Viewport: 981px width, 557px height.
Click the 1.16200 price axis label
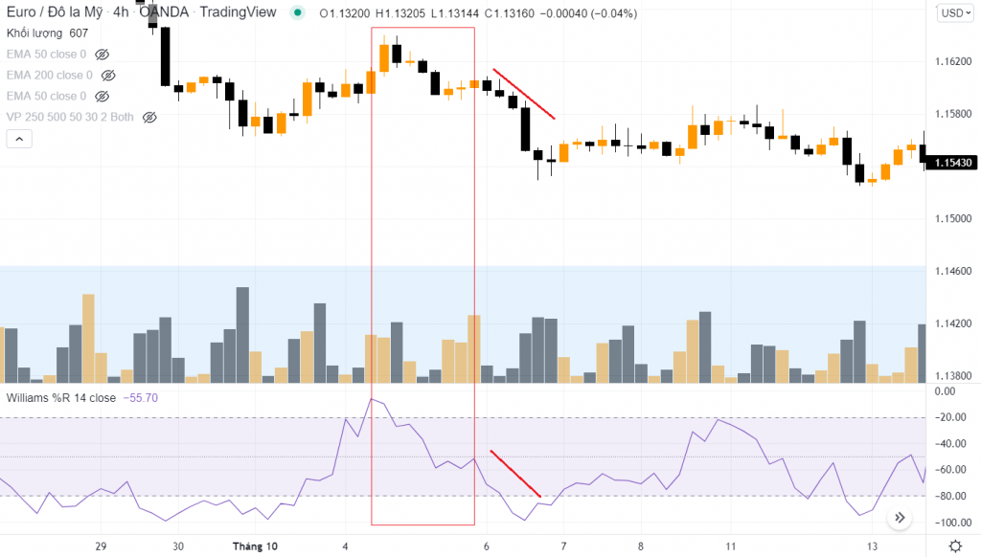[x=952, y=61]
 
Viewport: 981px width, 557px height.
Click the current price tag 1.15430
[x=952, y=164]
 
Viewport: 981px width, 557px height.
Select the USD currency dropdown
[x=952, y=12]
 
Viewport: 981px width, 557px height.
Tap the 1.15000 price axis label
[x=952, y=219]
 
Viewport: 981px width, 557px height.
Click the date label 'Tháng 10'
[x=256, y=546]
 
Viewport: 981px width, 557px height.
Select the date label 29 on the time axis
[x=101, y=546]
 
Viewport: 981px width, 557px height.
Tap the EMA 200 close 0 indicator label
[x=49, y=75]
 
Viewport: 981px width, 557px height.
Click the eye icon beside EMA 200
[x=108, y=75]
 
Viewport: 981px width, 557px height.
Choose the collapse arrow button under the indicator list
[x=19, y=139]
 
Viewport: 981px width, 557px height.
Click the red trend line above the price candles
[x=524, y=94]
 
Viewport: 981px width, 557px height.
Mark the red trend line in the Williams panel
[x=515, y=473]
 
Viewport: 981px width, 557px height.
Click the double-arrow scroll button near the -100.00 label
[x=900, y=518]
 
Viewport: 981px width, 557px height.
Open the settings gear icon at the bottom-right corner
[x=954, y=546]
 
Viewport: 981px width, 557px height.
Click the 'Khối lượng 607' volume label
[x=47, y=33]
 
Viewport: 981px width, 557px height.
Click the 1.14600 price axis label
[x=952, y=272]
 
